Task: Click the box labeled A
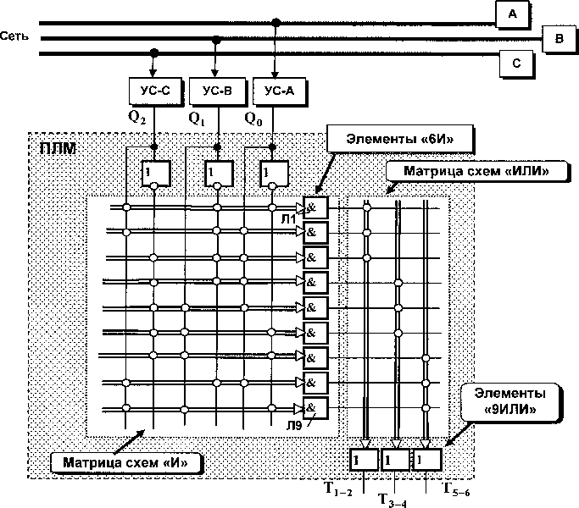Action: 510,14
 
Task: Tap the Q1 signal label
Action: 197,119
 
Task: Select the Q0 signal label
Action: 253,119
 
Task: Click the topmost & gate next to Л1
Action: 315,208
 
